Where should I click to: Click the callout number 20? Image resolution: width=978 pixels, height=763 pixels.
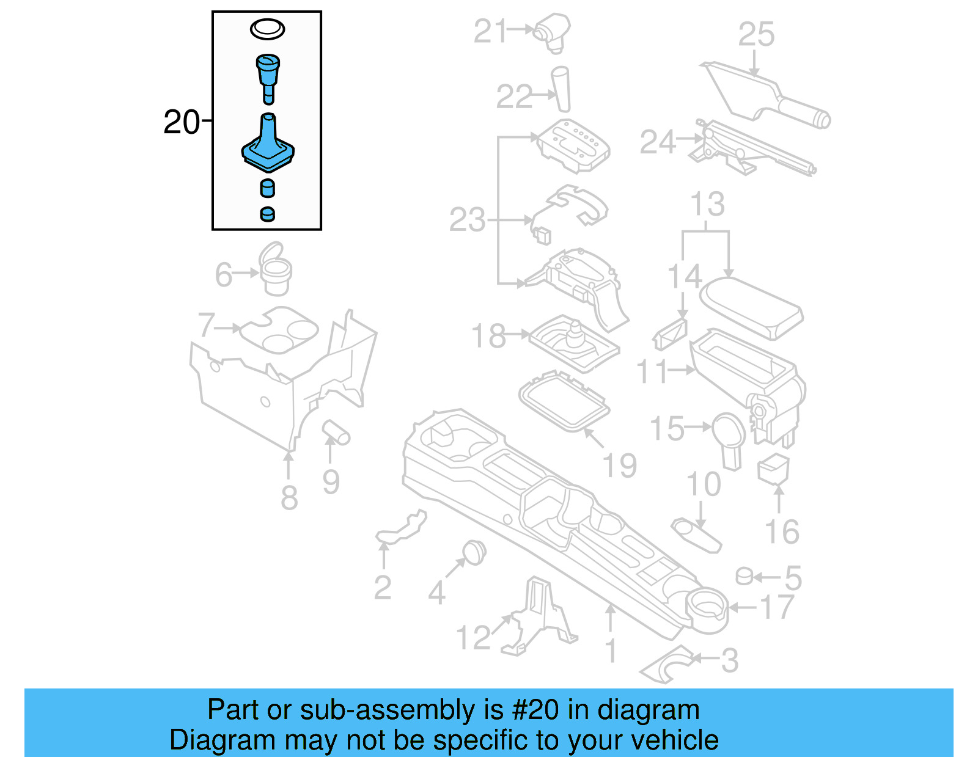point(182,122)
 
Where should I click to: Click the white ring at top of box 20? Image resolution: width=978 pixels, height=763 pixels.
point(267,29)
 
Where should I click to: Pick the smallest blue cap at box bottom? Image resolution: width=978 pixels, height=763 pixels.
point(267,214)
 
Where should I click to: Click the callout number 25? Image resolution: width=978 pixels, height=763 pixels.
point(756,34)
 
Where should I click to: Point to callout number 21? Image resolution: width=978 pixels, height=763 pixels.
point(490,31)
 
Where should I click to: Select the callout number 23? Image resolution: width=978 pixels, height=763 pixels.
point(468,220)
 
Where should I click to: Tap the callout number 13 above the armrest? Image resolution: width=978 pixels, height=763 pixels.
point(707,204)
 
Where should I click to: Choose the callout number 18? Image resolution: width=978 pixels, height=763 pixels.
point(488,336)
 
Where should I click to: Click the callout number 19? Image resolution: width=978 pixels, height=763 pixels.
point(620,465)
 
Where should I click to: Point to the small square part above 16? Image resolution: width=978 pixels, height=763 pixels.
point(773,469)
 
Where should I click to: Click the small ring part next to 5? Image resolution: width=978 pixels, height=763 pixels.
point(743,576)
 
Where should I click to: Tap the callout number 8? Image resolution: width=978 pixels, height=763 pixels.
point(289,497)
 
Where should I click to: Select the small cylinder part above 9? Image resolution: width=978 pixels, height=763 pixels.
point(336,431)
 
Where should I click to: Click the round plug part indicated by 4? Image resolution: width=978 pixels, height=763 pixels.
point(474,552)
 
